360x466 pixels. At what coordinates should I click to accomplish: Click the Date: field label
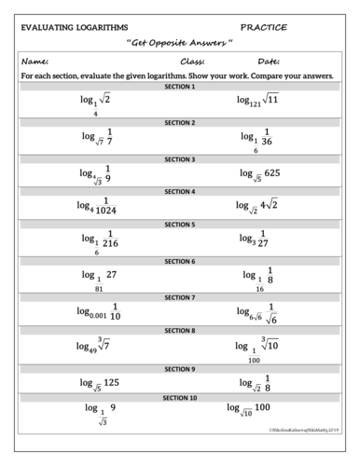[x=269, y=62]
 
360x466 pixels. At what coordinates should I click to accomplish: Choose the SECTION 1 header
[x=180, y=87]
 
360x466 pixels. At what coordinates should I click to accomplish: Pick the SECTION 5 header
[x=180, y=225]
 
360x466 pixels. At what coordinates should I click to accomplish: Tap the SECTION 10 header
[x=180, y=397]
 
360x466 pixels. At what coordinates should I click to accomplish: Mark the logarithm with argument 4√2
[x=262, y=206]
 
